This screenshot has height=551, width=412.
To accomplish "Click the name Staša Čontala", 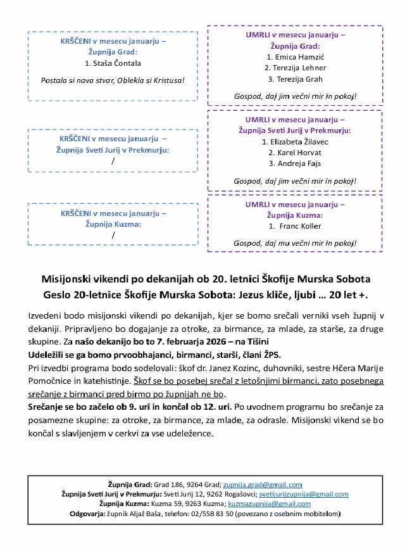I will pos(116,63).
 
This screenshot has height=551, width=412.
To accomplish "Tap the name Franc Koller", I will pos(299,225).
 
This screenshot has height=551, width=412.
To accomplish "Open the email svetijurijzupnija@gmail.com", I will pos(304,494).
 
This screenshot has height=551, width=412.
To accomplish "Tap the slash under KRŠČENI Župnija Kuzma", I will pos(113,235).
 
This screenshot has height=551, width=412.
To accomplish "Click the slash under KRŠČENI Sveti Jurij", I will pos(113,161).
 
